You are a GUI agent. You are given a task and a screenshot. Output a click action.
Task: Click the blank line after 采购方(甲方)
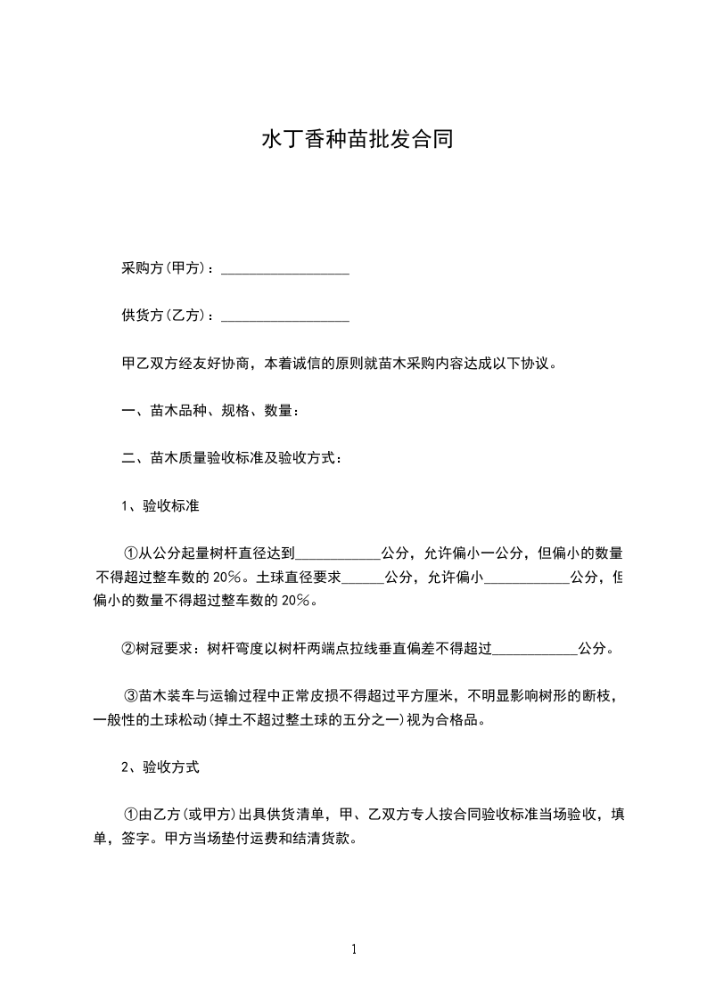click(284, 268)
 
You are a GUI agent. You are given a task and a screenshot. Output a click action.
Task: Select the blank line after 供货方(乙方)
click(284, 316)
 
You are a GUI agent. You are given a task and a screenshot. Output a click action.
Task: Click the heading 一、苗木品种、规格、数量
click(210, 411)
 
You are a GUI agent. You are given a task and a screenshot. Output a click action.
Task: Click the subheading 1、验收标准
click(160, 506)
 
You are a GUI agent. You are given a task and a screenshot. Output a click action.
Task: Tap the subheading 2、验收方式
click(160, 766)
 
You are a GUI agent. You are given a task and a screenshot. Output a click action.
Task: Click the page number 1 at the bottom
click(354, 949)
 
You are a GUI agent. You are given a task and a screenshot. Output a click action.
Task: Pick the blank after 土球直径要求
click(363, 578)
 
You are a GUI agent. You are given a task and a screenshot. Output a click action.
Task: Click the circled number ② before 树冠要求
click(128, 649)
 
